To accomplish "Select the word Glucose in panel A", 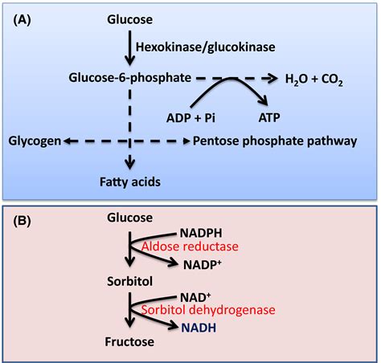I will [129, 17].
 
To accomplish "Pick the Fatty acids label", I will [129, 182].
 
